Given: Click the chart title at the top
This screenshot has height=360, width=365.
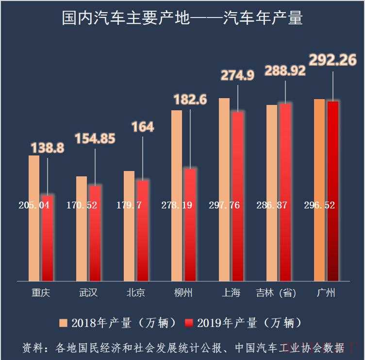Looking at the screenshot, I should [x=182, y=18].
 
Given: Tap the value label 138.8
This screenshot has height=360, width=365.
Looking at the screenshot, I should [x=48, y=148].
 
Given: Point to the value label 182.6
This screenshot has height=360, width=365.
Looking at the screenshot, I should [x=190, y=100].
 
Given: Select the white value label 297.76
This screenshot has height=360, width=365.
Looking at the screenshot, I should [x=224, y=205].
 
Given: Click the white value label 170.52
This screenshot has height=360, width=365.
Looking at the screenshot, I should [x=82, y=205].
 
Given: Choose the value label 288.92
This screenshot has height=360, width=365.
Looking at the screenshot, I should [x=285, y=71].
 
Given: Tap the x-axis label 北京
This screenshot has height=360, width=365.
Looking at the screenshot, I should [x=136, y=293].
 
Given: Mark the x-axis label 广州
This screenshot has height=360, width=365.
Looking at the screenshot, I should [x=326, y=293].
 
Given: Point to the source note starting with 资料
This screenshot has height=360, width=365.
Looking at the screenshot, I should [x=183, y=348].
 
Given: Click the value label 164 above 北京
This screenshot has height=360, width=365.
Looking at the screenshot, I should [x=143, y=127].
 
